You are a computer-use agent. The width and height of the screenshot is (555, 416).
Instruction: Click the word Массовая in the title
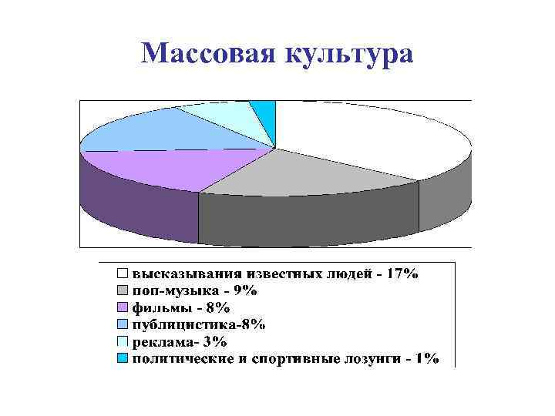(209, 53)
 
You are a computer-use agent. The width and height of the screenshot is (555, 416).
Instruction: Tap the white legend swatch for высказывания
(123, 273)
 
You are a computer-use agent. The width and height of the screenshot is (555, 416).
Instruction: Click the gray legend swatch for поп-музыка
(123, 290)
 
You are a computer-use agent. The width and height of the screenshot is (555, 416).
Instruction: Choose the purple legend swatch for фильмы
(123, 307)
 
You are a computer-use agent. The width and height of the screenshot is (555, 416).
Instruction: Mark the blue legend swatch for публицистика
(123, 324)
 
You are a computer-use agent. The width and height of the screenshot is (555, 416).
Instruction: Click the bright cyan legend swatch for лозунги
(123, 358)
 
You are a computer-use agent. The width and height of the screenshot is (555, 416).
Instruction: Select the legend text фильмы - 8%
(180, 307)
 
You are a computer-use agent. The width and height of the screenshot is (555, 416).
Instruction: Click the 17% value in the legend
(402, 273)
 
